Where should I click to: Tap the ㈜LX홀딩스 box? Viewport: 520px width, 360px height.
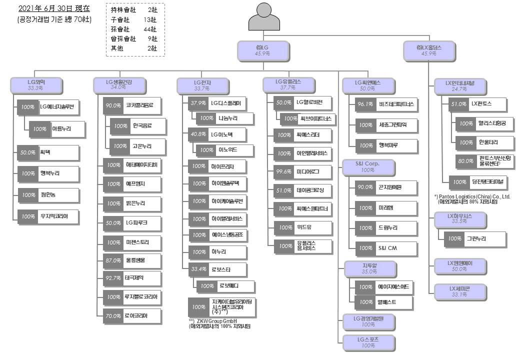click(429, 49)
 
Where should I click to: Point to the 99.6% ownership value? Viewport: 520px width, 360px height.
click(283, 172)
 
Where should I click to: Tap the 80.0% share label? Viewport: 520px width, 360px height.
click(466, 161)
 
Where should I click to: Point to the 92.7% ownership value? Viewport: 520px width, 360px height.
click(113, 277)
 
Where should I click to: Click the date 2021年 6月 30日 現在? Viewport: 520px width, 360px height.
click(54, 9)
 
